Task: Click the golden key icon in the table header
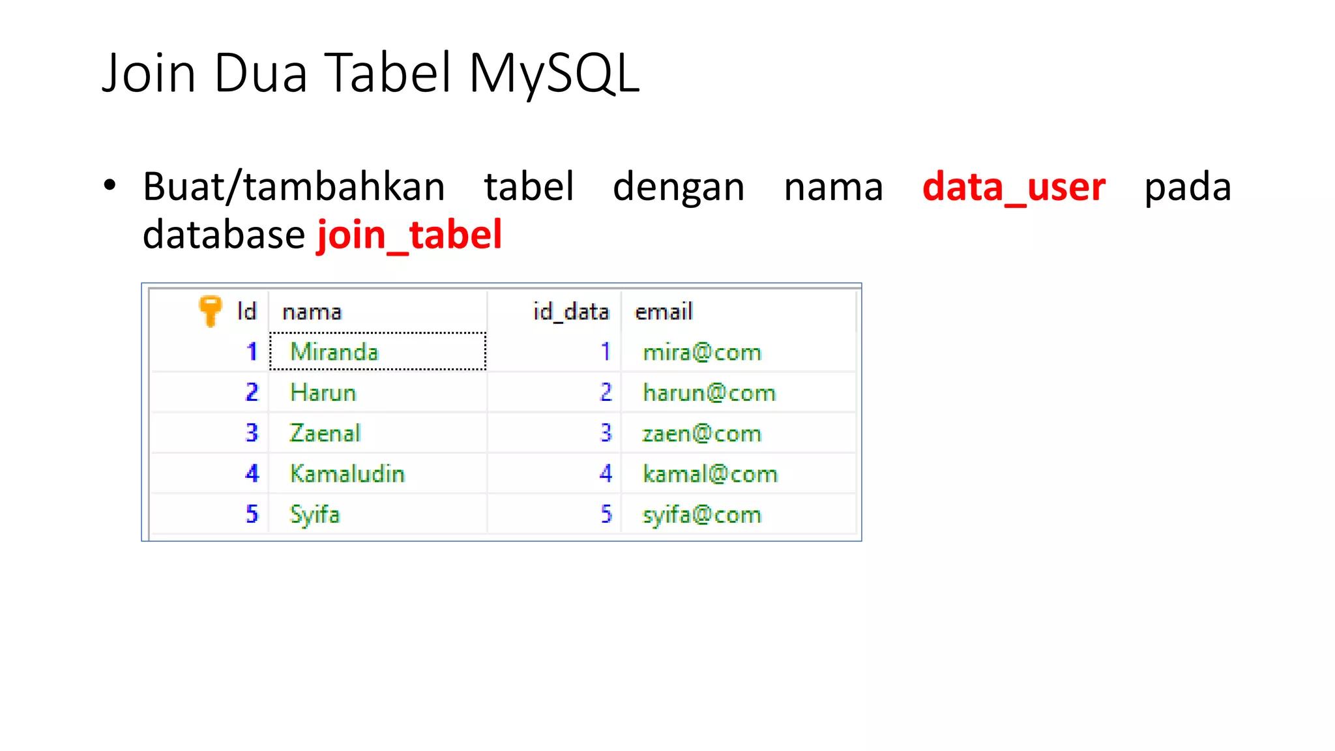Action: click(210, 310)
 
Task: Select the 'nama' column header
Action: click(312, 312)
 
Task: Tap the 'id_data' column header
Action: click(571, 312)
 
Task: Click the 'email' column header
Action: click(663, 312)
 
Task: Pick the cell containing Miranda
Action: click(334, 352)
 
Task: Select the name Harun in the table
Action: click(323, 392)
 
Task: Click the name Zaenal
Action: click(325, 434)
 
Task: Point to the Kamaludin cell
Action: click(347, 474)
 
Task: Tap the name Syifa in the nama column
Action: click(315, 514)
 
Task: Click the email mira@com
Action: click(701, 353)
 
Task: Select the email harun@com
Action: click(709, 393)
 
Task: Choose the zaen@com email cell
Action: click(701, 434)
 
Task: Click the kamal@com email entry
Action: click(710, 474)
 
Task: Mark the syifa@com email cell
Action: click(701, 515)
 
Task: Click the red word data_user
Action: click(1014, 187)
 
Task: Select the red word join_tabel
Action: click(409, 235)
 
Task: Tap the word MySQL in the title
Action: click(554, 73)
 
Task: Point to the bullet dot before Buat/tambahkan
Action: click(110, 185)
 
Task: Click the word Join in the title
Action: click(149, 73)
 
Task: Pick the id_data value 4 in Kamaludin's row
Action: click(606, 474)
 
